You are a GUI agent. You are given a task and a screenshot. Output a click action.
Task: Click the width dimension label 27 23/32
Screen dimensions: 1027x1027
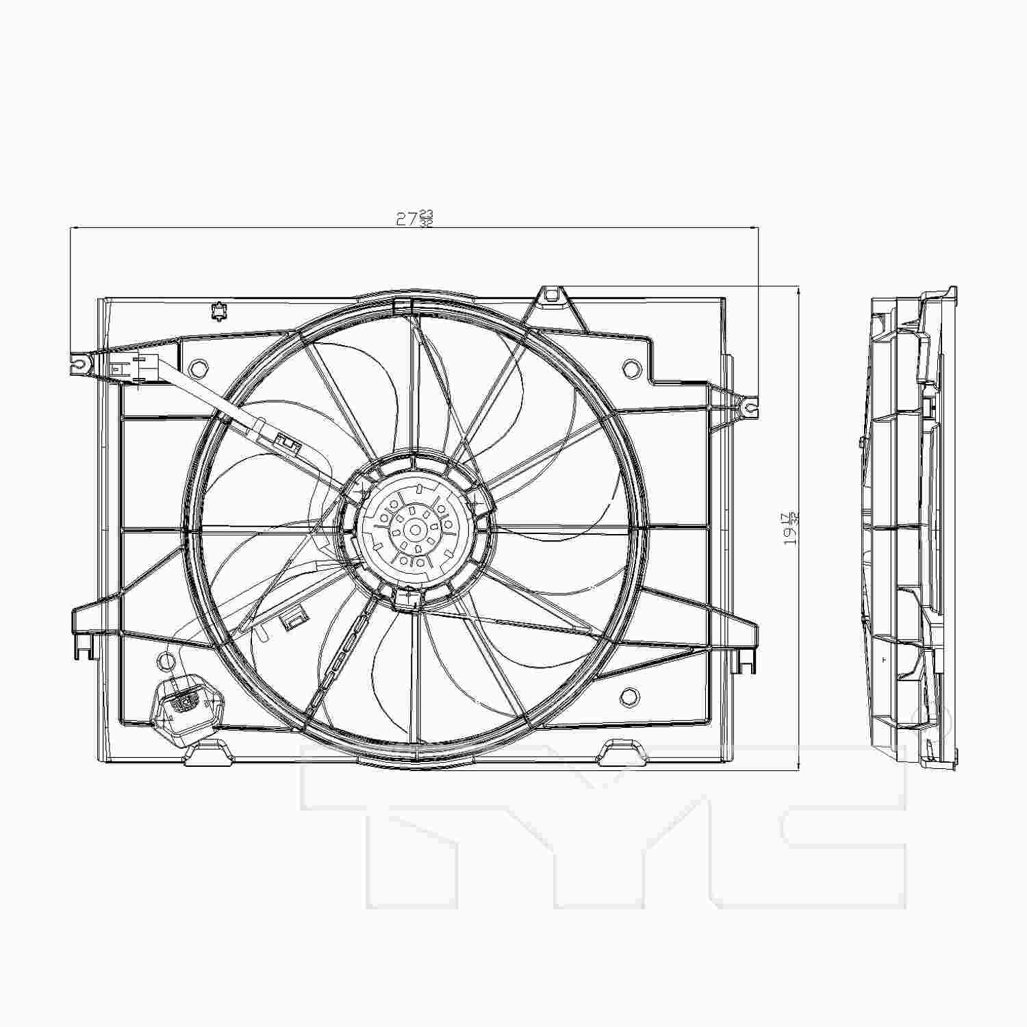415,218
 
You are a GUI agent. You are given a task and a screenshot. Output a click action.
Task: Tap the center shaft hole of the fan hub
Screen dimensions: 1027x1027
415,530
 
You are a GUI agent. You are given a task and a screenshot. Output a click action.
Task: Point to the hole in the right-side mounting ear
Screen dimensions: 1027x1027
750,407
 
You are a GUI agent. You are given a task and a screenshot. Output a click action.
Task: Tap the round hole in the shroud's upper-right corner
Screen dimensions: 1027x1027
629,368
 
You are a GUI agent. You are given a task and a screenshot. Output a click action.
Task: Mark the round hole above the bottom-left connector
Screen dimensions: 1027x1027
165,661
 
